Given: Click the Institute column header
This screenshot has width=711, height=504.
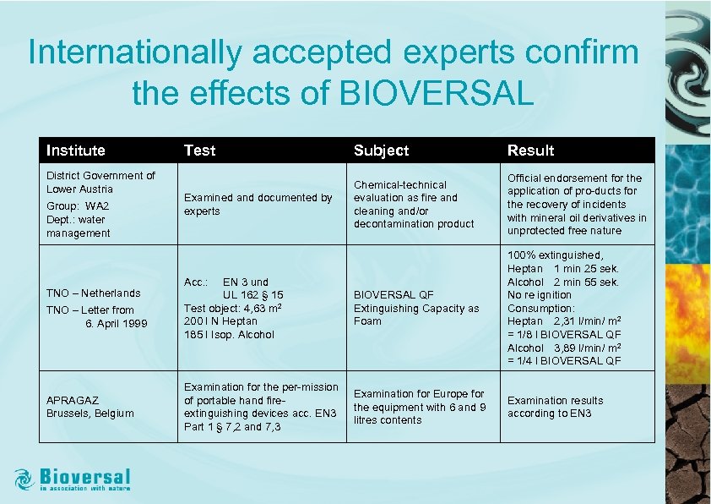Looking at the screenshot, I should (76, 151).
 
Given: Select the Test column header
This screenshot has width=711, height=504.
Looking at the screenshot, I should (199, 151).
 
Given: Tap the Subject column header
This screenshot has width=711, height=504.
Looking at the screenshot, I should (381, 151).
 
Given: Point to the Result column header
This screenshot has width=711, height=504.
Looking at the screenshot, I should (530, 151).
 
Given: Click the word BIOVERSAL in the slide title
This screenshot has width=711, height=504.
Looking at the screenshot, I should (436, 93).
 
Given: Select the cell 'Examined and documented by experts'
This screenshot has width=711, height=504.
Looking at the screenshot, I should (258, 205).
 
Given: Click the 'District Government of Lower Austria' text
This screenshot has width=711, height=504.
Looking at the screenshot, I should (100, 182).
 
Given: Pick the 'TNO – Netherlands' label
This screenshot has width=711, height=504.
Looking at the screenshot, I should (93, 293).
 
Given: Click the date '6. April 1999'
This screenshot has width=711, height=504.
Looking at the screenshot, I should (116, 324).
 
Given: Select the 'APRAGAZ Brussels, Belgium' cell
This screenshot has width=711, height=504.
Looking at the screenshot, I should (90, 407).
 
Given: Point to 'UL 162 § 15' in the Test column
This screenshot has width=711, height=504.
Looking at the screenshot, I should (252, 294).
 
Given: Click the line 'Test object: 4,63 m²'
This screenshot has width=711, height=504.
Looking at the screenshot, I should (232, 308).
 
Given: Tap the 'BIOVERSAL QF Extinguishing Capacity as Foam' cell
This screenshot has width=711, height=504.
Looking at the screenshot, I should (415, 308).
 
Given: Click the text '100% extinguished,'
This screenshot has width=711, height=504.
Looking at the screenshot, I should (555, 255).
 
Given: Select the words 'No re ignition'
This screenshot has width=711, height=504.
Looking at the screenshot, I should (539, 295).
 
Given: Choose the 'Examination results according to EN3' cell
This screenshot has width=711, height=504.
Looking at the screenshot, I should (555, 407).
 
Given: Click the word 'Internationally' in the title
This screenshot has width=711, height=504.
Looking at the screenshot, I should (134, 52).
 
